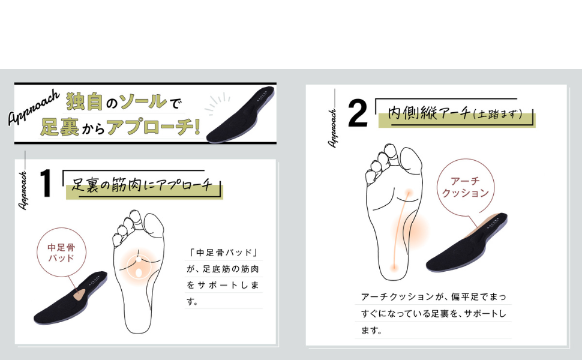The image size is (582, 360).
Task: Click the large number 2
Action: pyautogui.click(x=358, y=113)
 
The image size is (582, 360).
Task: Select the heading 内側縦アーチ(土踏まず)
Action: pyautogui.click(x=455, y=113)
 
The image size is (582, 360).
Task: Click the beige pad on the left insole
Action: pyautogui.click(x=78, y=293)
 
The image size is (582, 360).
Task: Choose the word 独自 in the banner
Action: pyautogui.click(x=84, y=101)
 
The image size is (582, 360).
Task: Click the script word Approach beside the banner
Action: pyautogui.click(x=33, y=108)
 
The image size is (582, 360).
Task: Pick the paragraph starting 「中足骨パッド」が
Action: pyautogui.click(x=224, y=277)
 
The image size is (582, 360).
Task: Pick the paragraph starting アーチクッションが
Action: pyautogui.click(x=433, y=313)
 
